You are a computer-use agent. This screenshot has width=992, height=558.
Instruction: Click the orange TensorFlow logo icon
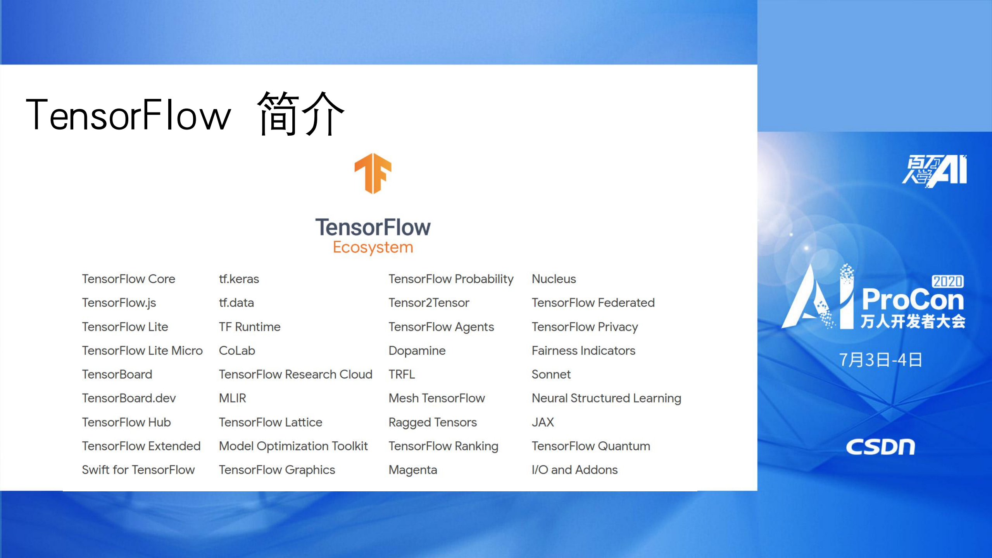373,173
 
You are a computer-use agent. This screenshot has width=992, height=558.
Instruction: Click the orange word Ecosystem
373,247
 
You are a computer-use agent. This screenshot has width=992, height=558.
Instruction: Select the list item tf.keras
239,279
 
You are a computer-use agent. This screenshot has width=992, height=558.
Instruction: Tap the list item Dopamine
417,351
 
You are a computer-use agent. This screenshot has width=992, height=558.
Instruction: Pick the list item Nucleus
554,279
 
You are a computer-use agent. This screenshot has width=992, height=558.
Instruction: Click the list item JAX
543,422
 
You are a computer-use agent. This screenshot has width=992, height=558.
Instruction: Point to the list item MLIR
232,398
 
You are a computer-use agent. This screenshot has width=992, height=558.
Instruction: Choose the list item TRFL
402,374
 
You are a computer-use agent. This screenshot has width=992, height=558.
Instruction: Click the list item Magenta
412,470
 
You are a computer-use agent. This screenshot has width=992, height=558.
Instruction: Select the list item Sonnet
551,374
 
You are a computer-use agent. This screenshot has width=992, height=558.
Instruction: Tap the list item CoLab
237,351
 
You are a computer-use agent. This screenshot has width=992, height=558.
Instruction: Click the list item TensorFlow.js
119,303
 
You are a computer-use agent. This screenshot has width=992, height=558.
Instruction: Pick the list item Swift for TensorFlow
138,470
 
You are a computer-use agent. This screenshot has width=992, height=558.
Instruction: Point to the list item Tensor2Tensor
429,303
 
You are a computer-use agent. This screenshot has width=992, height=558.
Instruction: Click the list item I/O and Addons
574,470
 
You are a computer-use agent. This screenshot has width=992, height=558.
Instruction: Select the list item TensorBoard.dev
129,398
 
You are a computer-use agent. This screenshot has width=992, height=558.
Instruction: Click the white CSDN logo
880,447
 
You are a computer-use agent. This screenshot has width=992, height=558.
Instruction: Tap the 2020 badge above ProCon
947,281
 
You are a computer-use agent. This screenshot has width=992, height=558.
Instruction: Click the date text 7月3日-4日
880,360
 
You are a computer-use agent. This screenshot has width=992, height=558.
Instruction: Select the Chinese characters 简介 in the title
300,114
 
